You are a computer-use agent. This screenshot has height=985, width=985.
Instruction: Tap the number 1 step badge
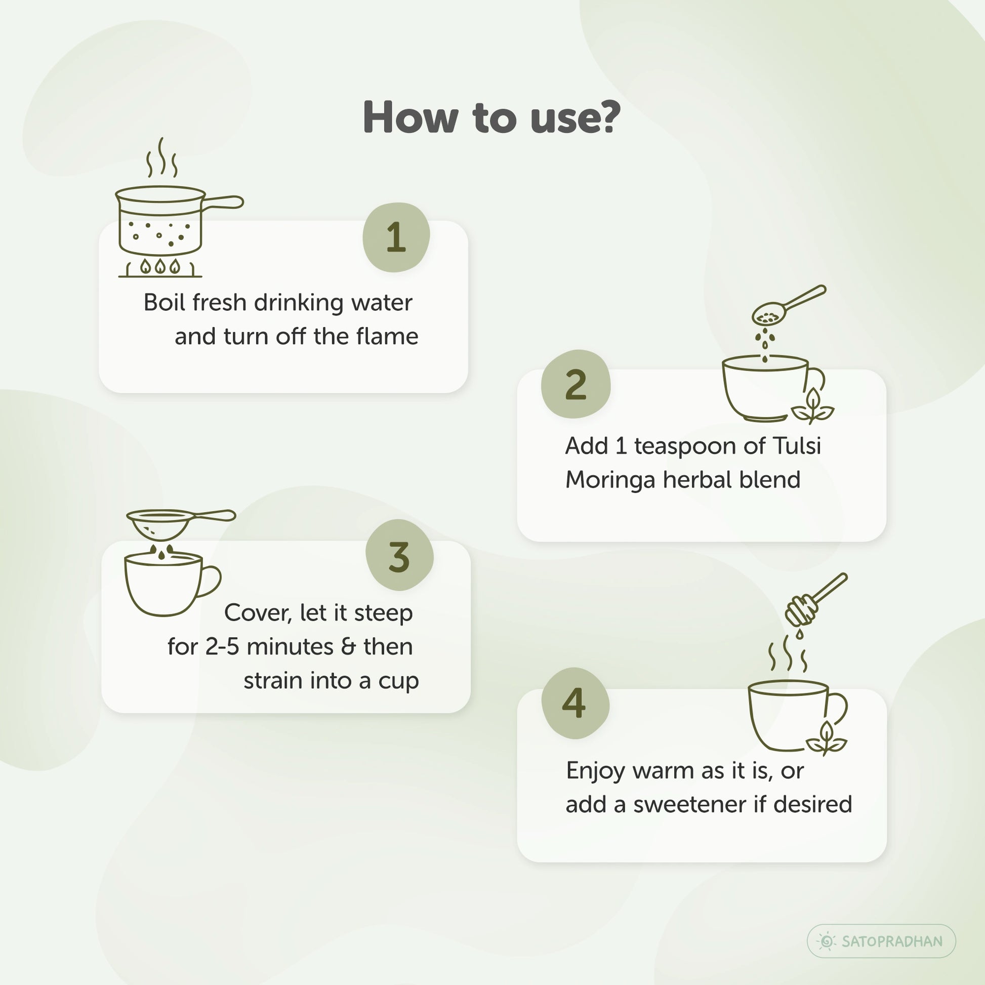(396, 237)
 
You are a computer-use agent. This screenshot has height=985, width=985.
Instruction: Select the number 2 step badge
(576, 384)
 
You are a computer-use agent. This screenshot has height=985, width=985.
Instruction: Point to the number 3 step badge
(399, 555)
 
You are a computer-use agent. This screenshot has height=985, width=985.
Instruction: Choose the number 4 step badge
(575, 703)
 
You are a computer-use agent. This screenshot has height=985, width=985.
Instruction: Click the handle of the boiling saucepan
(223, 202)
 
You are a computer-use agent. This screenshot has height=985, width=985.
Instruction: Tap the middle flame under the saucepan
(160, 266)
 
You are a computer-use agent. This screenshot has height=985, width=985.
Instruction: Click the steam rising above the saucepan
(161, 157)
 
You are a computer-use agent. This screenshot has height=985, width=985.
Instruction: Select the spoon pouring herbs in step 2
(788, 305)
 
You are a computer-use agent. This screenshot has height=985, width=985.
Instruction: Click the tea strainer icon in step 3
(181, 524)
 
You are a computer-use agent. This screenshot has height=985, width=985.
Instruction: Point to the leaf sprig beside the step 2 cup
(813, 406)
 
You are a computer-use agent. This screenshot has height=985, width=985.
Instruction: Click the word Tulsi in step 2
(797, 446)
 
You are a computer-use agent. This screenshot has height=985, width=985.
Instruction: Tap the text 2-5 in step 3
(222, 646)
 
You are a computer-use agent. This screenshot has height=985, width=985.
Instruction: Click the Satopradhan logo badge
(882, 940)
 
